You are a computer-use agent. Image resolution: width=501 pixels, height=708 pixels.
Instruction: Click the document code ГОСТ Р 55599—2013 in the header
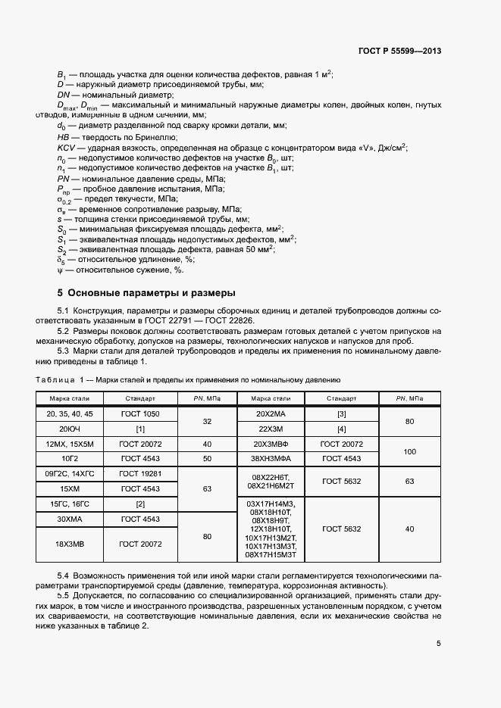pyautogui.click(x=399, y=51)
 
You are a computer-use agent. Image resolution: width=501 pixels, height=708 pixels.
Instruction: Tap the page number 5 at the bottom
pyautogui.click(x=438, y=644)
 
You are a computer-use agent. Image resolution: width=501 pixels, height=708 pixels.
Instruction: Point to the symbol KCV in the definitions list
pyautogui.click(x=66, y=148)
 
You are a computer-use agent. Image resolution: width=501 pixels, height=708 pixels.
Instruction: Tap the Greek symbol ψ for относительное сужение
pyautogui.click(x=60, y=270)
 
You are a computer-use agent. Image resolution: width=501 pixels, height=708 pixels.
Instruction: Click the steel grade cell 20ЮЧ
pyautogui.click(x=70, y=429)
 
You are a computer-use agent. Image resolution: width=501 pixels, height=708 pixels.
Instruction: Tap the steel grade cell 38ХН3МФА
pyautogui.click(x=271, y=459)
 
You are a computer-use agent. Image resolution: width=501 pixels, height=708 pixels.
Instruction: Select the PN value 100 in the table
pyautogui.click(x=410, y=451)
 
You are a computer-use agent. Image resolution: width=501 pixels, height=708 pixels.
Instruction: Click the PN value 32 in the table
pyautogui.click(x=207, y=421)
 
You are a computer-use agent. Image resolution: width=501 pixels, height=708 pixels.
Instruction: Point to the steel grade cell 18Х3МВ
pyautogui.click(x=70, y=544)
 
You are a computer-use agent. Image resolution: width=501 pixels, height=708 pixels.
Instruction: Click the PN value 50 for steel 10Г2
pyautogui.click(x=207, y=459)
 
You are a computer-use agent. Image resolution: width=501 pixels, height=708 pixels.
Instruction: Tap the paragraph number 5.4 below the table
pyautogui.click(x=64, y=576)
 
